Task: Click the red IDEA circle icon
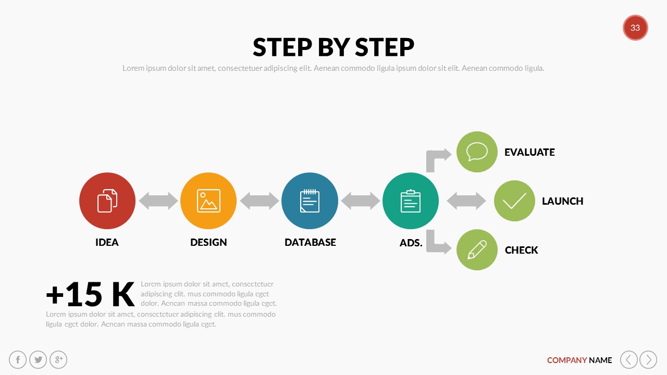[107, 201]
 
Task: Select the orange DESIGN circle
[208, 201]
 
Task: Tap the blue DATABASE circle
[310, 201]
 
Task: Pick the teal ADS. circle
[411, 201]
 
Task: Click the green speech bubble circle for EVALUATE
[477, 152]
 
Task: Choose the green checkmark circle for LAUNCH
[514, 201]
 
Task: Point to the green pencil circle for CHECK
[477, 249]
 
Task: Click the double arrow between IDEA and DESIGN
[158, 201]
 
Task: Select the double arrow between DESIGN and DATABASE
[260, 201]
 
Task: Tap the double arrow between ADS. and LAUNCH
[466, 201]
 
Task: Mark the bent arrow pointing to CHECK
[437, 243]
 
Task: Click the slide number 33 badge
[635, 28]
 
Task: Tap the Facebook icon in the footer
[18, 359]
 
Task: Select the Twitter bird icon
[38, 359]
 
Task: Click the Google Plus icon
[58, 359]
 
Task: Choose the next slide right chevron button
[648, 359]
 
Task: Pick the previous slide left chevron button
[629, 359]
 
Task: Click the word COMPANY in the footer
[567, 360]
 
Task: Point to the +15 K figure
[90, 295]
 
